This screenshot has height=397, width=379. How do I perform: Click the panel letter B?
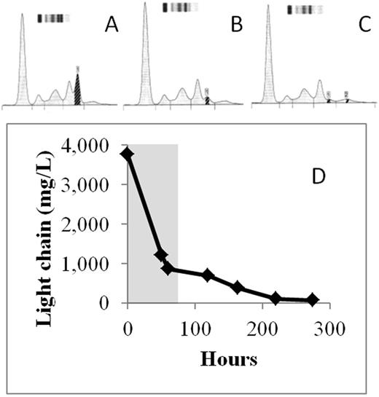tap(235, 28)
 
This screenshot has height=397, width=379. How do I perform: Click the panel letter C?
tap(359, 28)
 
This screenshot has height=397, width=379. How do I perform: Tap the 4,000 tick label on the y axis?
tap(93, 146)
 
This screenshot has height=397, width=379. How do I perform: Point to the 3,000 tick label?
tap(93, 185)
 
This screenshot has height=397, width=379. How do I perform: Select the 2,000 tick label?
tap(93, 224)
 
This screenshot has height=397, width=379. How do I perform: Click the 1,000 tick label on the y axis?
tap(93, 264)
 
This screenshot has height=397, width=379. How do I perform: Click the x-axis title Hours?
tap(227, 357)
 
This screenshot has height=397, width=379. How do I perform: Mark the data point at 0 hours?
tap(128, 154)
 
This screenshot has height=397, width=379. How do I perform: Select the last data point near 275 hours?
tap(313, 299)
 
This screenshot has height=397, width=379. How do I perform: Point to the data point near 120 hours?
tap(208, 275)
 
